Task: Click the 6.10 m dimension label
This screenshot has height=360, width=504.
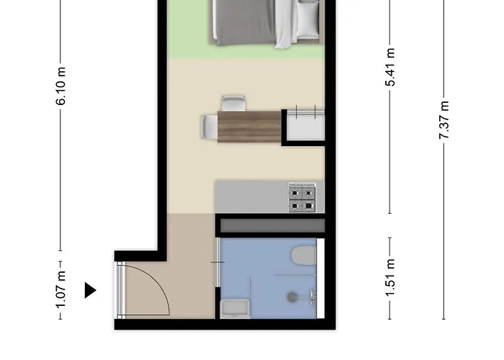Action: [60, 86]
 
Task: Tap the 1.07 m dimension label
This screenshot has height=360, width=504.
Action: [60, 290]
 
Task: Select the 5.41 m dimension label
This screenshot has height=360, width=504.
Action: [390, 67]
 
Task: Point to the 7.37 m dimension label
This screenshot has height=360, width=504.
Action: [444, 120]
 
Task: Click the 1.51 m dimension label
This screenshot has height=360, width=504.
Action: [390, 278]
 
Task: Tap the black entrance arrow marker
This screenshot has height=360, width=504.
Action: [90, 290]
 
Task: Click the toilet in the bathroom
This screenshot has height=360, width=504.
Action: [304, 256]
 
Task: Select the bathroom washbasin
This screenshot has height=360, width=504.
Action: [235, 309]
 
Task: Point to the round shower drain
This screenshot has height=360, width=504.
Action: [292, 297]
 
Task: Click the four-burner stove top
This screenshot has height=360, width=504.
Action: [302, 197]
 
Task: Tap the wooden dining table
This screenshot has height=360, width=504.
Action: [249, 127]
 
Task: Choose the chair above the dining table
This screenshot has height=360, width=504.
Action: [233, 103]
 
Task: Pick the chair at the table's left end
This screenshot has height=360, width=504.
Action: [210, 127]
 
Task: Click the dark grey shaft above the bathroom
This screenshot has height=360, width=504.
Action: [273, 226]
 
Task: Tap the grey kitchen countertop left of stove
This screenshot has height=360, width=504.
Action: [252, 197]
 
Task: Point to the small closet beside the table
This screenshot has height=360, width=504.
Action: [305, 125]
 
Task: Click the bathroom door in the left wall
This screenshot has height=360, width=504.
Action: [217, 262]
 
